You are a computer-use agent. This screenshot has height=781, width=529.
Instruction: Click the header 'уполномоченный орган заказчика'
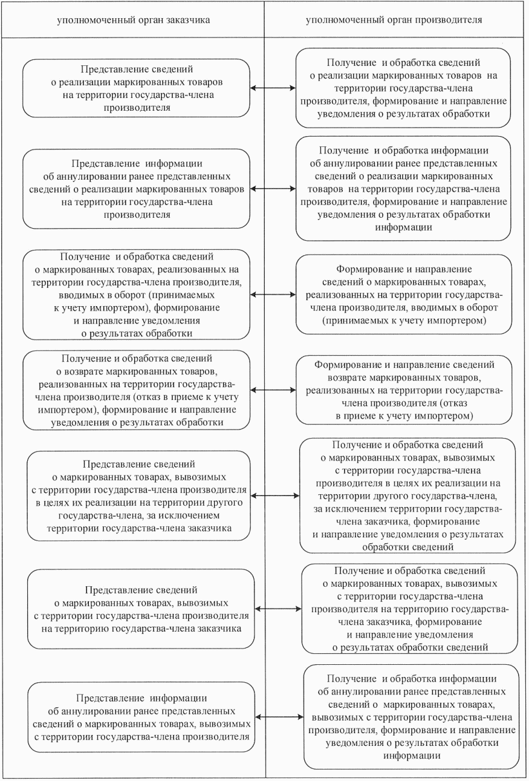(133, 19)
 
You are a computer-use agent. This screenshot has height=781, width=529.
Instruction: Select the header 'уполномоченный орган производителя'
(394, 19)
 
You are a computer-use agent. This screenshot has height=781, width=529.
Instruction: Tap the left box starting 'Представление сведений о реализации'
(135, 88)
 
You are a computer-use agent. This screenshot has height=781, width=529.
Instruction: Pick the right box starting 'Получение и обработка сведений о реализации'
(403, 88)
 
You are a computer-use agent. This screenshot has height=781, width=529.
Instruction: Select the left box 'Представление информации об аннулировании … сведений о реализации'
(135, 189)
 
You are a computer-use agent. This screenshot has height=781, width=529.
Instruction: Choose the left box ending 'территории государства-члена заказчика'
(139, 495)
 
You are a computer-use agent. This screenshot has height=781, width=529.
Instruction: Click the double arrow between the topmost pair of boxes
(273, 88)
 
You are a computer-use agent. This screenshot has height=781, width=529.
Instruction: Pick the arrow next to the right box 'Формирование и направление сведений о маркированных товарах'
(273, 295)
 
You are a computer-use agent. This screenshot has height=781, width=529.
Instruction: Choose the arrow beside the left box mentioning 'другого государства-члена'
(275, 495)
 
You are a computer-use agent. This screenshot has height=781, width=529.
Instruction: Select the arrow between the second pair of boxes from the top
(273, 189)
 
